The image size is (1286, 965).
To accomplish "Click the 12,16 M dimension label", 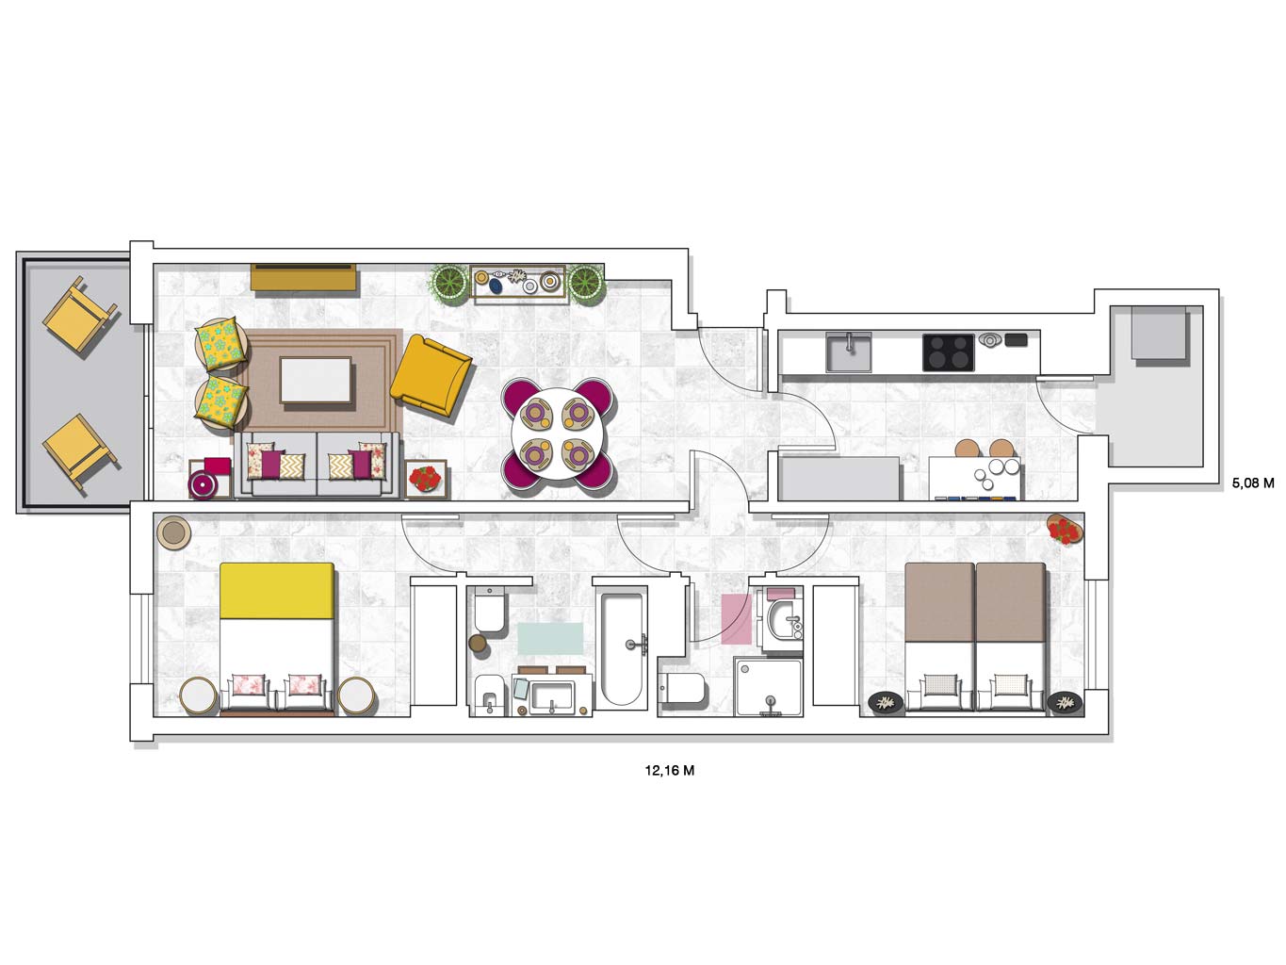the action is (669, 771).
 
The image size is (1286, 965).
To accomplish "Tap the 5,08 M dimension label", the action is (1253, 482).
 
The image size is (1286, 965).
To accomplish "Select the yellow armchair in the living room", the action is (431, 374).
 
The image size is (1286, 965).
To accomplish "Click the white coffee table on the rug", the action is (316, 380).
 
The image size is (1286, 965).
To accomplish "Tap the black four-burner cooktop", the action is (948, 352).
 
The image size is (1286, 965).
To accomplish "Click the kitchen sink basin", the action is (848, 352).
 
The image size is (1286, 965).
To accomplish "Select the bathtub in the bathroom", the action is (622, 649).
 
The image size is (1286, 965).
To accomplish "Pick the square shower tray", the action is (769, 687).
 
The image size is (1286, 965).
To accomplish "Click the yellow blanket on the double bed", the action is (277, 591).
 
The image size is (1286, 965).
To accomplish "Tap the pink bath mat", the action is (736, 619).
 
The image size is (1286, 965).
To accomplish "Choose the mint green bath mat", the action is (550, 639).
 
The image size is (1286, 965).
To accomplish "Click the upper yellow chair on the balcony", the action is (80, 314).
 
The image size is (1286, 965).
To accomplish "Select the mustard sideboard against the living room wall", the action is (303, 276).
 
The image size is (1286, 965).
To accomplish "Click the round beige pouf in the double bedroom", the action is (173, 532).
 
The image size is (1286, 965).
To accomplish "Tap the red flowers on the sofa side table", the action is (425, 478).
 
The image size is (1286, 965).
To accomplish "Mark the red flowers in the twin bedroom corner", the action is (1064, 530).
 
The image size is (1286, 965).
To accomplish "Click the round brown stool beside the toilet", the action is (478, 643).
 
